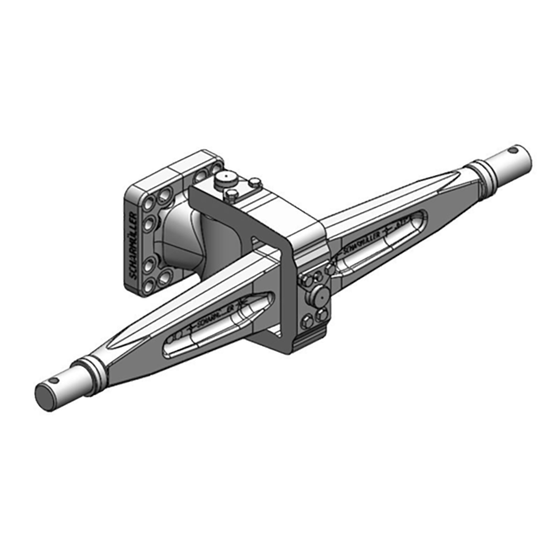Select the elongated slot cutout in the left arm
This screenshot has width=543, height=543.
pyautogui.click(x=217, y=324)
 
